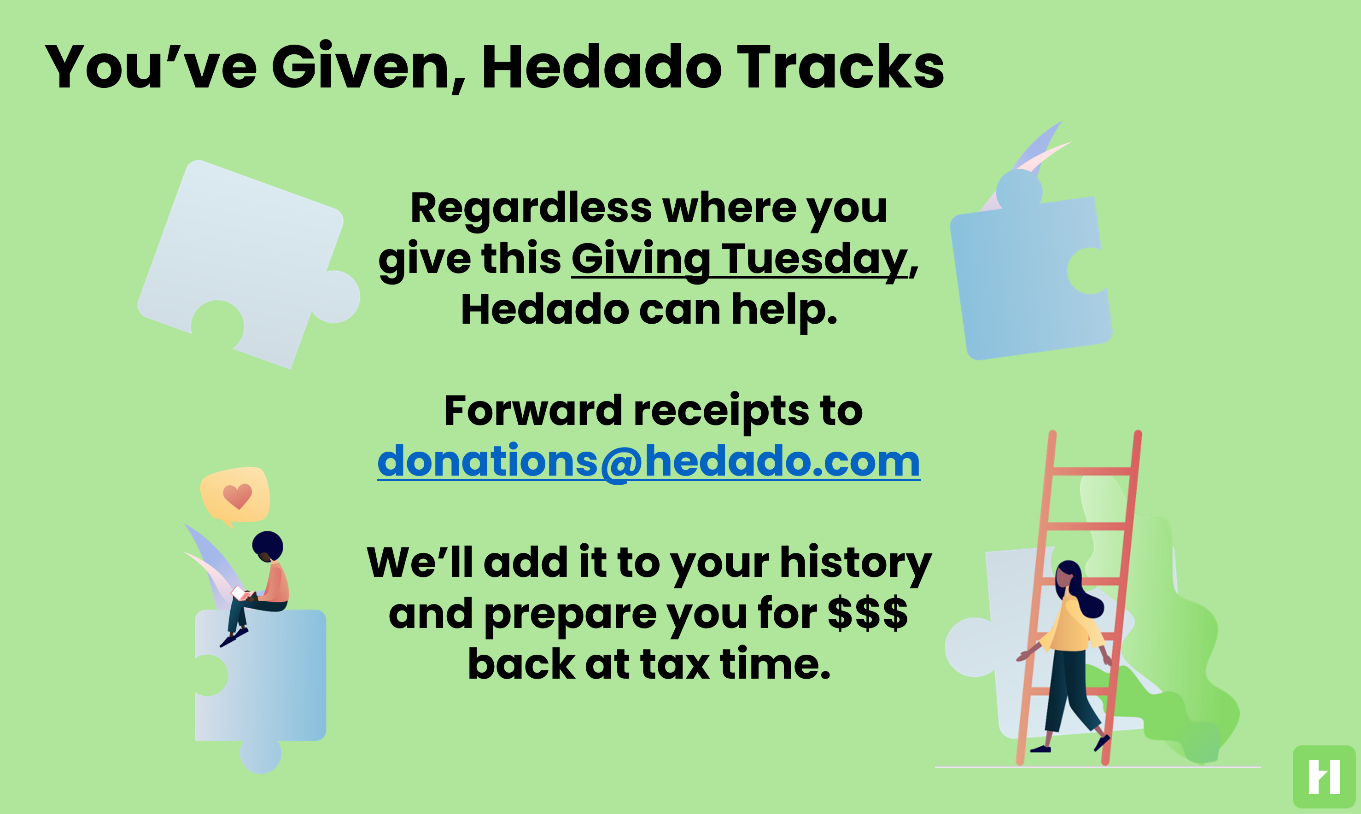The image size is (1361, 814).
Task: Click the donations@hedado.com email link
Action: (648, 462)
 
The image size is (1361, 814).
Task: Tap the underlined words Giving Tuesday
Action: (739, 258)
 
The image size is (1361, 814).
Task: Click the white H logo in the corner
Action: (1324, 777)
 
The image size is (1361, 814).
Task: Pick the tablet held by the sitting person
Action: (239, 593)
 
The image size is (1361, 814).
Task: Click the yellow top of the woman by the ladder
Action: (1070, 625)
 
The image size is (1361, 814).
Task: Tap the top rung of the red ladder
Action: (1092, 471)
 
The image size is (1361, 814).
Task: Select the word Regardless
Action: (531, 209)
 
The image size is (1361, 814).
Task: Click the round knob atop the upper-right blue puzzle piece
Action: (1019, 189)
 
